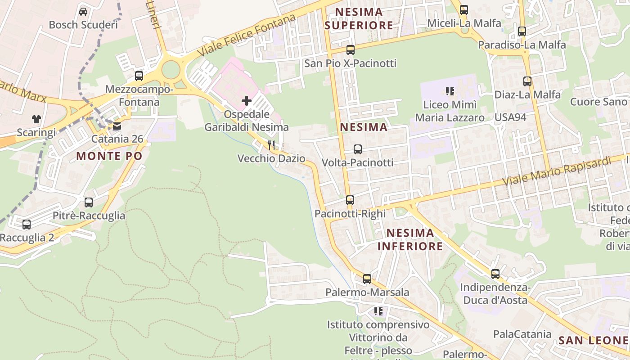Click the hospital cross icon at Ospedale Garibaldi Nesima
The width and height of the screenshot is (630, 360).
pos(247,101)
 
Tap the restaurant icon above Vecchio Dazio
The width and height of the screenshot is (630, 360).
pos(271,145)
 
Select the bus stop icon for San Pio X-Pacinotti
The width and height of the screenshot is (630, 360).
pos(351,50)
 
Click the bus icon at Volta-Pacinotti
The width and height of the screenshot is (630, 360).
pos(358,149)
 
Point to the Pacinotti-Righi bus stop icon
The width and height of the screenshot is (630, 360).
pos(350,200)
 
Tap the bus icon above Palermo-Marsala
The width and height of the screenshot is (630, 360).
pos(367,279)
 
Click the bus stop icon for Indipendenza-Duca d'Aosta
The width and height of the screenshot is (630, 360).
pos(495,274)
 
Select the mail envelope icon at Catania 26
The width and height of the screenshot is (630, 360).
pos(117,126)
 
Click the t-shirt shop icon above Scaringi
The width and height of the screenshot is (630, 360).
pos(36,119)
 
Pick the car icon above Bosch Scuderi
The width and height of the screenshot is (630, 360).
pos(83,11)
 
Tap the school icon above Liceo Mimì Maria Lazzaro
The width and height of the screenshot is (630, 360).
pos(450,92)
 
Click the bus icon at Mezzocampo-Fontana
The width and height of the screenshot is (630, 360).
pos(139,76)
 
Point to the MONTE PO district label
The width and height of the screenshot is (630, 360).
pos(109,156)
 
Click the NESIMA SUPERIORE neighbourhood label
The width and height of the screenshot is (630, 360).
pos(359,18)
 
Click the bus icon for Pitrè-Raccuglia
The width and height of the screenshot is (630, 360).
pos(89,202)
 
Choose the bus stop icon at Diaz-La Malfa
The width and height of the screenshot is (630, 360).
pos(527,81)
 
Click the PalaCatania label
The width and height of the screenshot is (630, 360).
pos(522,334)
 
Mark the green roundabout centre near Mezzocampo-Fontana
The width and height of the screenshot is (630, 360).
pos(171,70)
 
